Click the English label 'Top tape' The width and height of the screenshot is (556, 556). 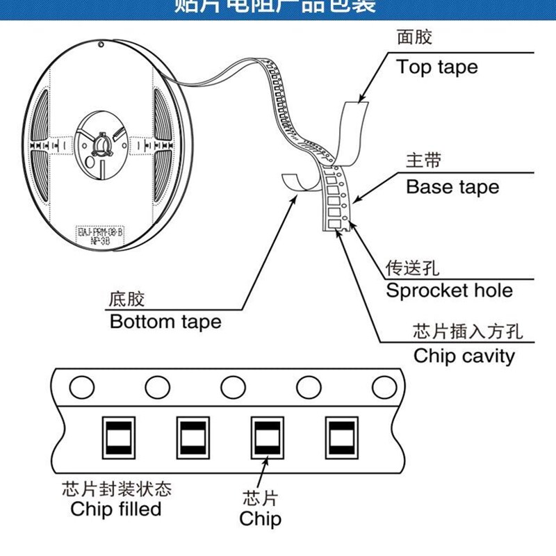point(437,67)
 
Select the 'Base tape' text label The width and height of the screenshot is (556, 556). point(452,187)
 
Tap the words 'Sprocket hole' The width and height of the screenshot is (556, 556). point(449,290)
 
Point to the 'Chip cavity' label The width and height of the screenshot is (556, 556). point(464,356)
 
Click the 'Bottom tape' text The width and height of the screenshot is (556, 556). point(165,322)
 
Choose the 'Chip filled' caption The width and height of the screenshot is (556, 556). point(116,509)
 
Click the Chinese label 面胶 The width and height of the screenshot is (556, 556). point(414,38)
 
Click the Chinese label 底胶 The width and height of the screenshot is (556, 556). point(127,300)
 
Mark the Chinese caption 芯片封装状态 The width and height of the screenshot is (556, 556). point(116,488)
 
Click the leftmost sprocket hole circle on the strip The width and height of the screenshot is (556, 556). point(82,386)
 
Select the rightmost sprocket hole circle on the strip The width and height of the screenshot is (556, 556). point(384,386)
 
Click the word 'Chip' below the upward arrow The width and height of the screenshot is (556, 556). point(261,518)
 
